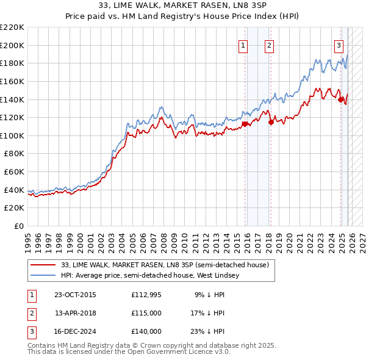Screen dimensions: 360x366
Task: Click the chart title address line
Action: coord(183,6)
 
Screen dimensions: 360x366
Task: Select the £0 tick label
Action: coord(18,226)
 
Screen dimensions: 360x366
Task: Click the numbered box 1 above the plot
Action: coord(243,45)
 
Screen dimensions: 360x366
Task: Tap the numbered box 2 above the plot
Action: coord(269,45)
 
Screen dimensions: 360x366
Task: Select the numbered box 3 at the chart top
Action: coord(339,45)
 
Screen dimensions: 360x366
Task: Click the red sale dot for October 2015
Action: coord(245,124)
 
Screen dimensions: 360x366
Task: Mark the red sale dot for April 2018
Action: coord(270,122)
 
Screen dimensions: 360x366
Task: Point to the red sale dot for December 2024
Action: coord(340,99)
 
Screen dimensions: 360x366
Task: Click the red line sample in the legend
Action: coord(43,265)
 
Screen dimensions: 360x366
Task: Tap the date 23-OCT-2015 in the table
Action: coord(75,295)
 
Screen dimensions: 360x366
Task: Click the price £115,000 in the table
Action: coord(146,313)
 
